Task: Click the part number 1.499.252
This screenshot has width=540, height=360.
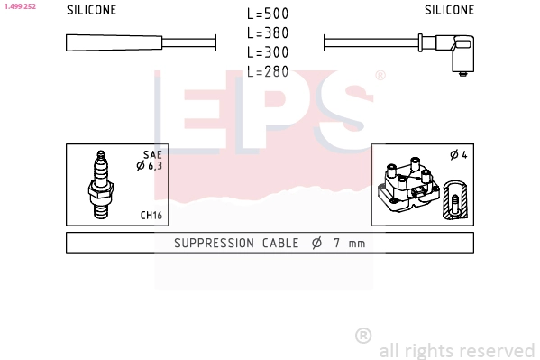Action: (x=18, y=5)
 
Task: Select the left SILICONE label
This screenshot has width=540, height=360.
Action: (x=91, y=11)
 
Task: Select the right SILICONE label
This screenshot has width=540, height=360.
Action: (x=449, y=11)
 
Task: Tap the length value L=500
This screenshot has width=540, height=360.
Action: (x=268, y=14)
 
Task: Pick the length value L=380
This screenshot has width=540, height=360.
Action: (x=268, y=33)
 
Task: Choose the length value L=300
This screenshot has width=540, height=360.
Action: (x=268, y=52)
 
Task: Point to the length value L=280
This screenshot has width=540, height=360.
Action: (x=268, y=71)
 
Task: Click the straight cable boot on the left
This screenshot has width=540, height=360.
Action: (x=114, y=42)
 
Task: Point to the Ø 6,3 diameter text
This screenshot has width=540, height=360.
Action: (x=149, y=166)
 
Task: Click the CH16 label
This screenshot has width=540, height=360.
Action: (x=151, y=216)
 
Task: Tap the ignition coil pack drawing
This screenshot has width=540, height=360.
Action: (x=410, y=188)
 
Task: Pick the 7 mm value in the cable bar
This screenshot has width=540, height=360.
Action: (x=349, y=243)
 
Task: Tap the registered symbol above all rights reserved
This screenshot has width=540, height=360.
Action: (x=363, y=335)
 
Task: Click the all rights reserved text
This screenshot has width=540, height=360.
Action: (x=456, y=350)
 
